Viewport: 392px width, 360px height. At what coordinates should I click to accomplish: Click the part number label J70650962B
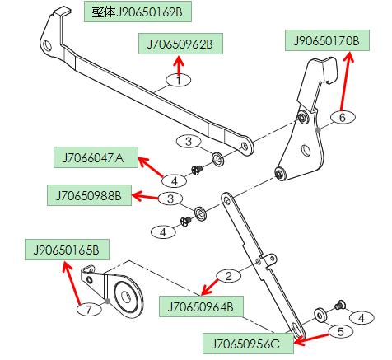(180, 44)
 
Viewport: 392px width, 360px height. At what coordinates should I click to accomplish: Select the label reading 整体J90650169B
(138, 12)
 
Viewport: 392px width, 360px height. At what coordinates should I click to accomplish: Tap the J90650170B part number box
(327, 40)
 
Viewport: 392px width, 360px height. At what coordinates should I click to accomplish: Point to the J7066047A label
(96, 157)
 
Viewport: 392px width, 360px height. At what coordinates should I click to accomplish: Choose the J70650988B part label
(89, 195)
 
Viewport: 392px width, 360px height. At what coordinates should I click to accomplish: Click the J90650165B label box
(67, 250)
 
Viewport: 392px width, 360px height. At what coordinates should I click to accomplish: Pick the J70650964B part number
(201, 306)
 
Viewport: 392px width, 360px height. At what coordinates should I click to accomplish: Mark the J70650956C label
(248, 344)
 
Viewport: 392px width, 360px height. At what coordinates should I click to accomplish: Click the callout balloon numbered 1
(179, 80)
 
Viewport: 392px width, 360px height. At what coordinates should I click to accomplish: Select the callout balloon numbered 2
(229, 275)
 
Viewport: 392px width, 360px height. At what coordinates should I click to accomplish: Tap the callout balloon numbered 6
(343, 117)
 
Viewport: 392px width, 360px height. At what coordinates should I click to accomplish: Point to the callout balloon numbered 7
(89, 310)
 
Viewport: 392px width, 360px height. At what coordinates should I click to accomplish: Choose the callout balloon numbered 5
(341, 331)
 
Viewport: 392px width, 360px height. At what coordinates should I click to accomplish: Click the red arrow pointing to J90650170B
(346, 82)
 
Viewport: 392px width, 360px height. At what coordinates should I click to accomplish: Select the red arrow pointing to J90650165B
(72, 283)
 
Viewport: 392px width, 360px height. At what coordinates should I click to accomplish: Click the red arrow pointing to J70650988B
(146, 197)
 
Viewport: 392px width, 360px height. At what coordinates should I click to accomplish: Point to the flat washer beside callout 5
(320, 316)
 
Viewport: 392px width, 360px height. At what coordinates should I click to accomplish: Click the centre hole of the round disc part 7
(126, 297)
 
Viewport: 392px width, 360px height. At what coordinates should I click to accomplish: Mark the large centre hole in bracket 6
(306, 150)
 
